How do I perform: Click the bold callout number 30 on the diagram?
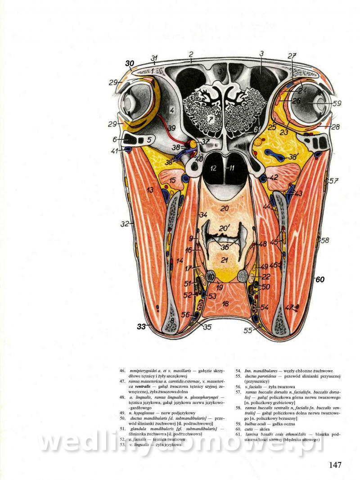[x=130, y=63]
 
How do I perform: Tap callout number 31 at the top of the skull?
[x=154, y=58]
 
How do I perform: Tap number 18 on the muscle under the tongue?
[x=225, y=304]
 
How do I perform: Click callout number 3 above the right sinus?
[x=261, y=54]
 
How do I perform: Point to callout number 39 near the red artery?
[x=171, y=128]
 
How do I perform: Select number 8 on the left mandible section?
[x=171, y=321]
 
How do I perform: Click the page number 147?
[x=335, y=465]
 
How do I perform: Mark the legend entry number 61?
[x=238, y=435]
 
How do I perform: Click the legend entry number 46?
[x=122, y=371]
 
